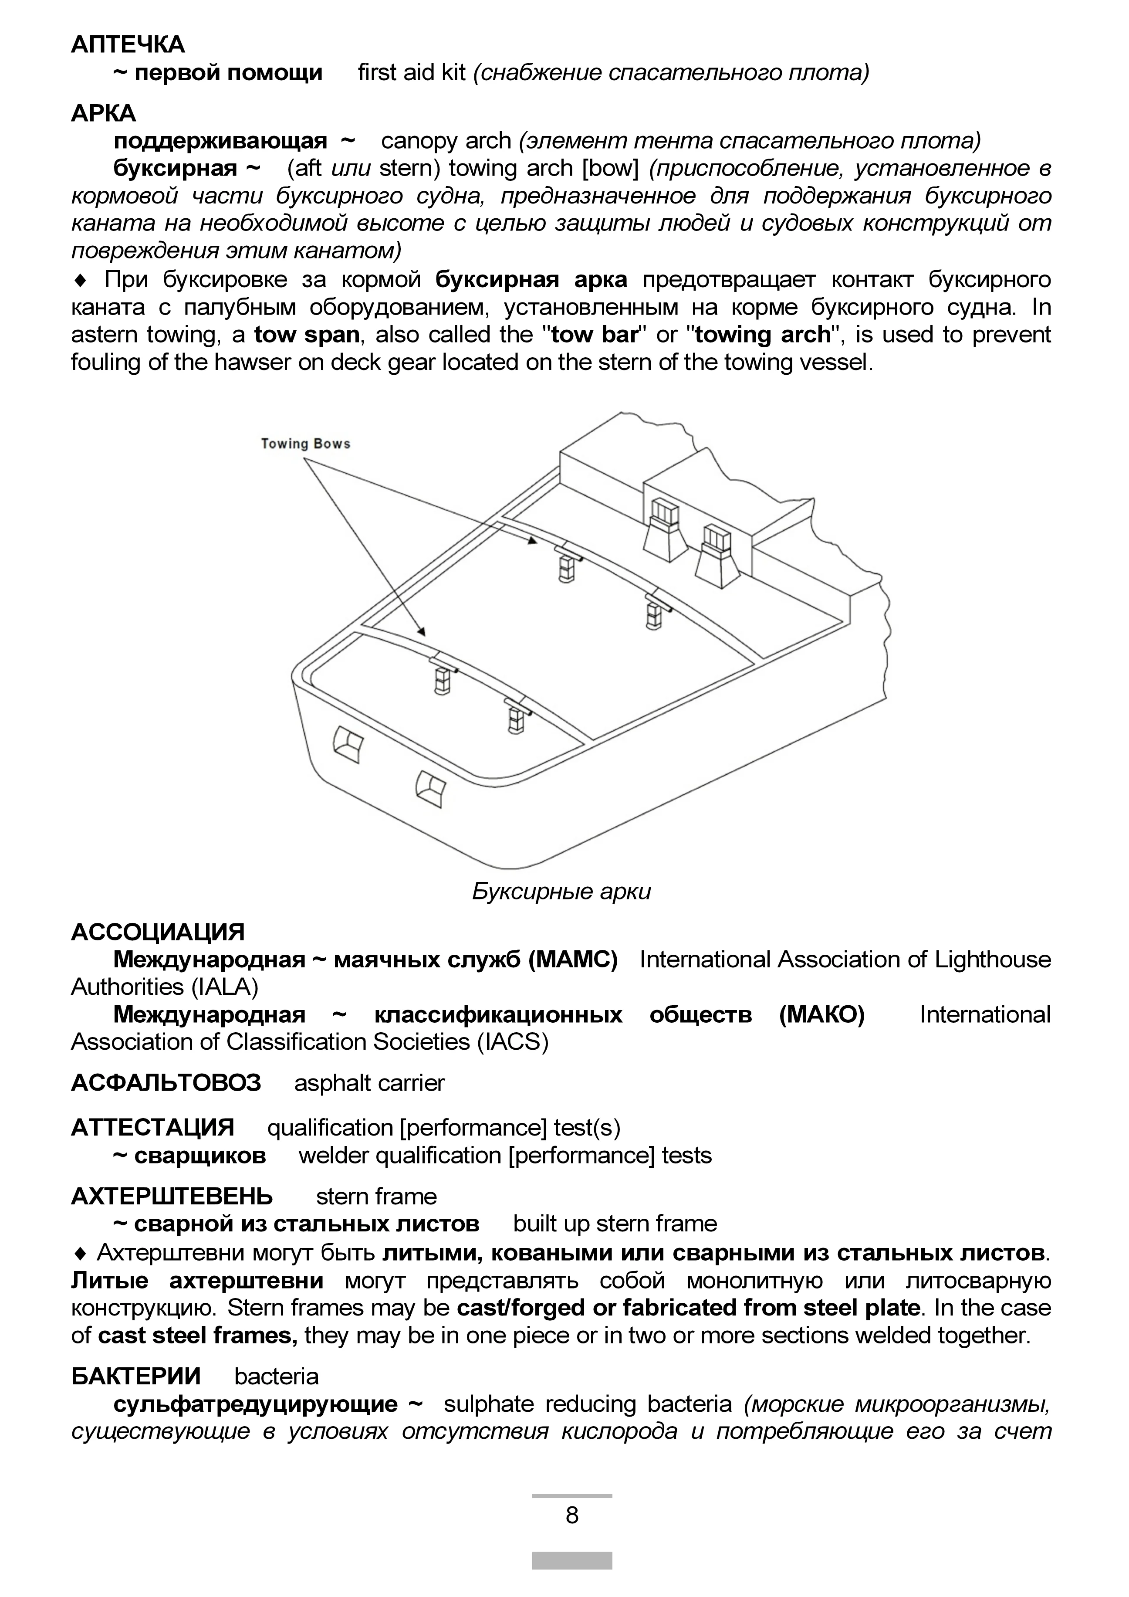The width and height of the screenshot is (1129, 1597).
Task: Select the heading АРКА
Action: pyautogui.click(x=104, y=113)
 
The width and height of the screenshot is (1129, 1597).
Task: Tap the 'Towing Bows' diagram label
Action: pyautogui.click(x=305, y=444)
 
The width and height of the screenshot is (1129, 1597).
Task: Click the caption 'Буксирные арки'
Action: pyautogui.click(x=561, y=891)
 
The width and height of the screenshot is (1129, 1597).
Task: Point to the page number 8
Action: pyautogui.click(x=572, y=1514)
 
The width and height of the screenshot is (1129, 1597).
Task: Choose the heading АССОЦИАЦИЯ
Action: pyautogui.click(x=158, y=932)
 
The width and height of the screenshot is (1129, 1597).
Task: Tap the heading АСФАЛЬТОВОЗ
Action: pyautogui.click(x=166, y=1082)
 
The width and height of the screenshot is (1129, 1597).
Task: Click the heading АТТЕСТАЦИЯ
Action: pyautogui.click(x=153, y=1128)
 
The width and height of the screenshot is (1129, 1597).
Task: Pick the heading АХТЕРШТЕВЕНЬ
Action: pyautogui.click(x=172, y=1197)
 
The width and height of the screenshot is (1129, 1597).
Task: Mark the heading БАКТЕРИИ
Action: pyautogui.click(x=135, y=1376)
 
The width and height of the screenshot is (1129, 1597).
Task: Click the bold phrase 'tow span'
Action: pyautogui.click(x=307, y=335)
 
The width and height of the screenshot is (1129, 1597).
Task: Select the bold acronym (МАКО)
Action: pyautogui.click(x=822, y=1015)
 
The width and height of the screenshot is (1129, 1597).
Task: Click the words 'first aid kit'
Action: pyautogui.click(x=412, y=72)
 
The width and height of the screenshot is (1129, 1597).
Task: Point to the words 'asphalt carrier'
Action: pyautogui.click(x=369, y=1083)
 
